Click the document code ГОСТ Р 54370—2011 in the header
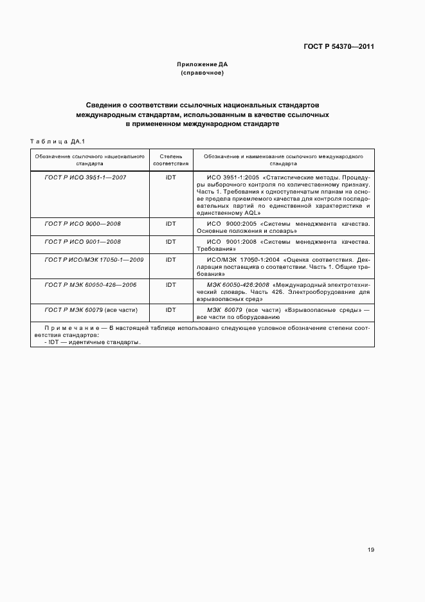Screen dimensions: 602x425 (x=339, y=47)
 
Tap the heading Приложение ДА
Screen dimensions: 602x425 (x=203, y=64)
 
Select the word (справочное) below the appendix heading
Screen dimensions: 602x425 (x=203, y=73)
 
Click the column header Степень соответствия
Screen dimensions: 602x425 (x=170, y=160)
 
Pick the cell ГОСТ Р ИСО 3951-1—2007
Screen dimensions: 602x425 (x=85, y=176)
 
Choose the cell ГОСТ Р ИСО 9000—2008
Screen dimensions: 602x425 (x=83, y=223)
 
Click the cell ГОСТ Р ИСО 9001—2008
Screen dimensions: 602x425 (x=83, y=241)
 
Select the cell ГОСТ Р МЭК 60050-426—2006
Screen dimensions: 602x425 (x=91, y=284)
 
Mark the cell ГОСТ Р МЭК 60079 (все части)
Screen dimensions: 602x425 (x=91, y=309)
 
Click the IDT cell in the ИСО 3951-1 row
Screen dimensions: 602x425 (x=170, y=176)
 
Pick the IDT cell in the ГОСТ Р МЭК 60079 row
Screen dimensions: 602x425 (x=170, y=309)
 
